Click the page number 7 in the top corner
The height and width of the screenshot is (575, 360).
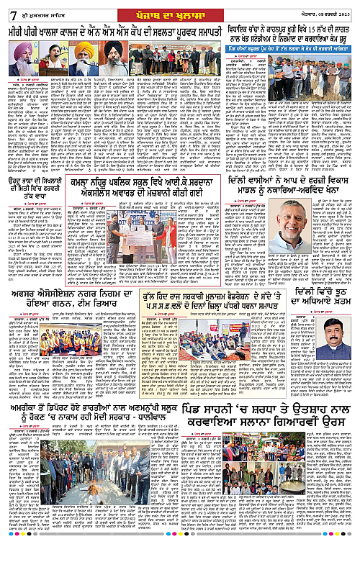point(5,8)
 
